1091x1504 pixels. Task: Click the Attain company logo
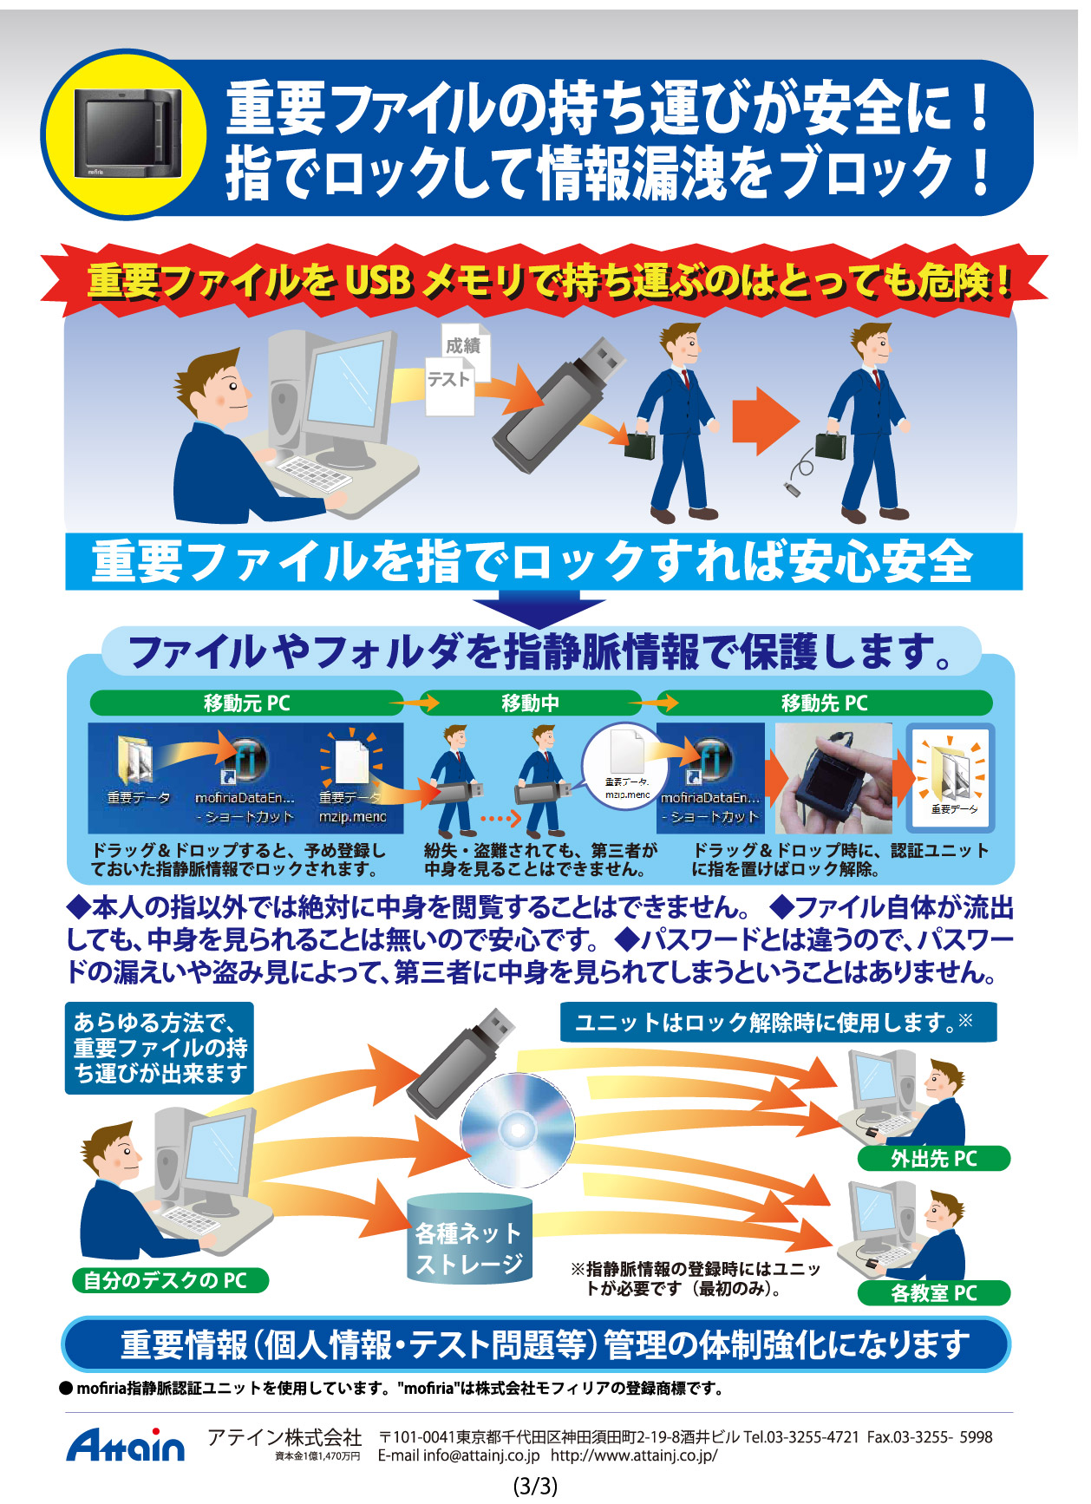tap(126, 1445)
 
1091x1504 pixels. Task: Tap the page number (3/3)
tap(535, 1486)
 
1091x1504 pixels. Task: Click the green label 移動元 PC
tap(246, 703)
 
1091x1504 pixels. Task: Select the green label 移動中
tap(530, 703)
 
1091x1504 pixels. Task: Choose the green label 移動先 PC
tap(824, 703)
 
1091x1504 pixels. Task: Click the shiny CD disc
tap(518, 1130)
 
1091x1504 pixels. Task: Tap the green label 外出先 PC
tap(934, 1159)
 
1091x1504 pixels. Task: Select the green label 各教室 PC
tap(934, 1293)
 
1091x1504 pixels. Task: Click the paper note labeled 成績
tap(465, 349)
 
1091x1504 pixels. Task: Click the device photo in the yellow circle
tap(128, 134)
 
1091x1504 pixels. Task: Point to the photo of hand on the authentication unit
tap(833, 779)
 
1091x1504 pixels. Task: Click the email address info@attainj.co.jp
tap(459, 1455)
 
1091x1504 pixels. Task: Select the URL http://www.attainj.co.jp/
tap(634, 1455)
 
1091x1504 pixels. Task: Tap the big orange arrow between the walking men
tap(765, 422)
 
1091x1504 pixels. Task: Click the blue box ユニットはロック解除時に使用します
tap(778, 1023)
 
